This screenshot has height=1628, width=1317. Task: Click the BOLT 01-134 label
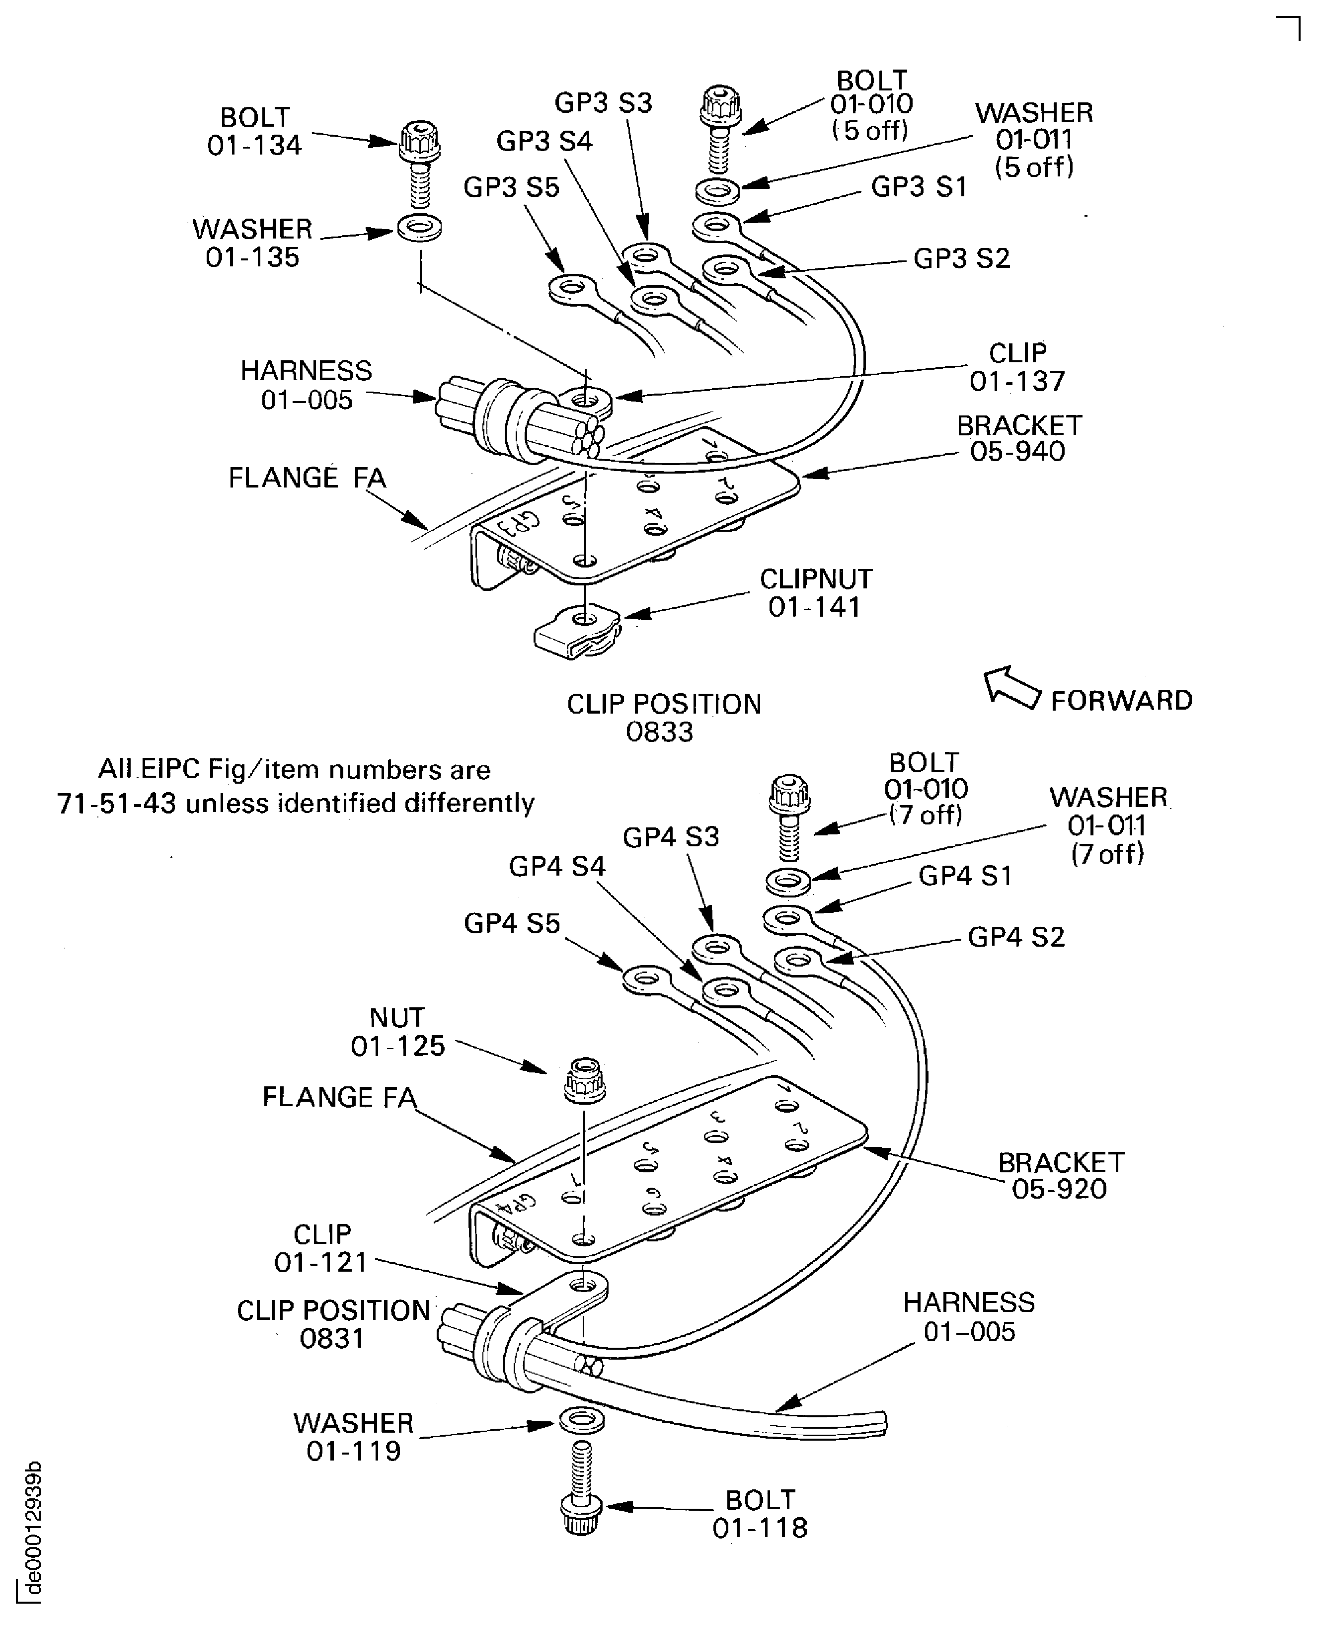(254, 131)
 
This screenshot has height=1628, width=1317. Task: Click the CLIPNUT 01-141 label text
(816, 593)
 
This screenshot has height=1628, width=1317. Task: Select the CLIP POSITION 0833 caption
(663, 717)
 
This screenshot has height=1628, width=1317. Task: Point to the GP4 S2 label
(1016, 937)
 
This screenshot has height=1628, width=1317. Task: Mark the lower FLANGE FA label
(339, 1097)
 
